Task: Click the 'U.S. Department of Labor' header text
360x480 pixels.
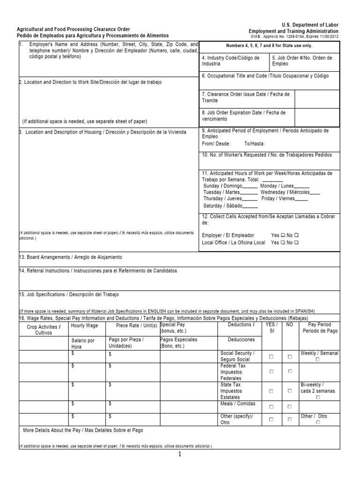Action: coord(309,24)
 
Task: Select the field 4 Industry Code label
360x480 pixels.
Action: coord(230,60)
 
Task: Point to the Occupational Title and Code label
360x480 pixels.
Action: coord(265,75)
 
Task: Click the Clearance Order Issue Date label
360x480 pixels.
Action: coord(246,97)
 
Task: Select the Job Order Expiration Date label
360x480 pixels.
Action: coord(244,115)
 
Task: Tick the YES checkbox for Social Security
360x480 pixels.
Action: coord(271,356)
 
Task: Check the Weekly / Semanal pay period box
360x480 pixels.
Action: coord(317,360)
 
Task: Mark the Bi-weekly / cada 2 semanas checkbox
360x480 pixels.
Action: coord(318,397)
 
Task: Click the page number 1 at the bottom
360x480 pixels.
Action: coord(179,455)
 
